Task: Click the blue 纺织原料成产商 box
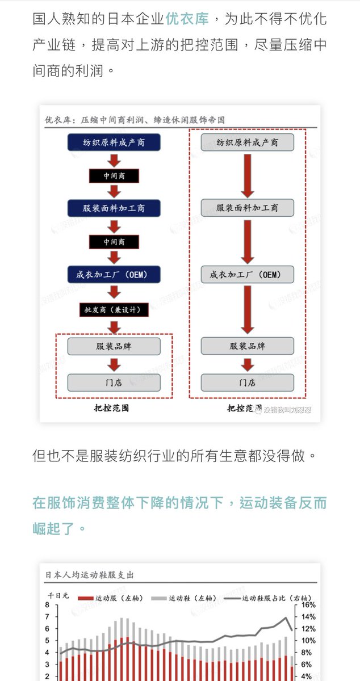114,142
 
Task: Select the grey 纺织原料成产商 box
248,142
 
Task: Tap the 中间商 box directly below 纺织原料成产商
114,176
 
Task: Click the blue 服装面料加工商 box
114,208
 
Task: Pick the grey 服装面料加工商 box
248,208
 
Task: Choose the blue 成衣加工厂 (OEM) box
114,275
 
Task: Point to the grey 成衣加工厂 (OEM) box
248,275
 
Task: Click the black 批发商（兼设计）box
114,309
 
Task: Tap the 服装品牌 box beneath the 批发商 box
114,346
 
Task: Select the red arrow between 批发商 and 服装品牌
114,327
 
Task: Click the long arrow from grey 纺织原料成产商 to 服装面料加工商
248,175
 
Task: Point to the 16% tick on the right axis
308,605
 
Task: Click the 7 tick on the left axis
47,617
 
